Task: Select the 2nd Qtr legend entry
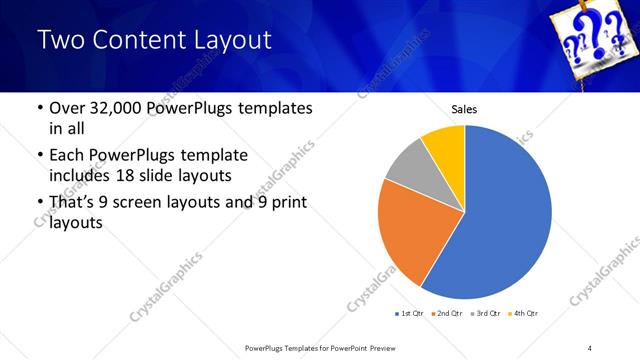[x=445, y=314]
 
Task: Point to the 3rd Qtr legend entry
[x=484, y=314]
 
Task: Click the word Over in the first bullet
[x=56, y=108]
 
